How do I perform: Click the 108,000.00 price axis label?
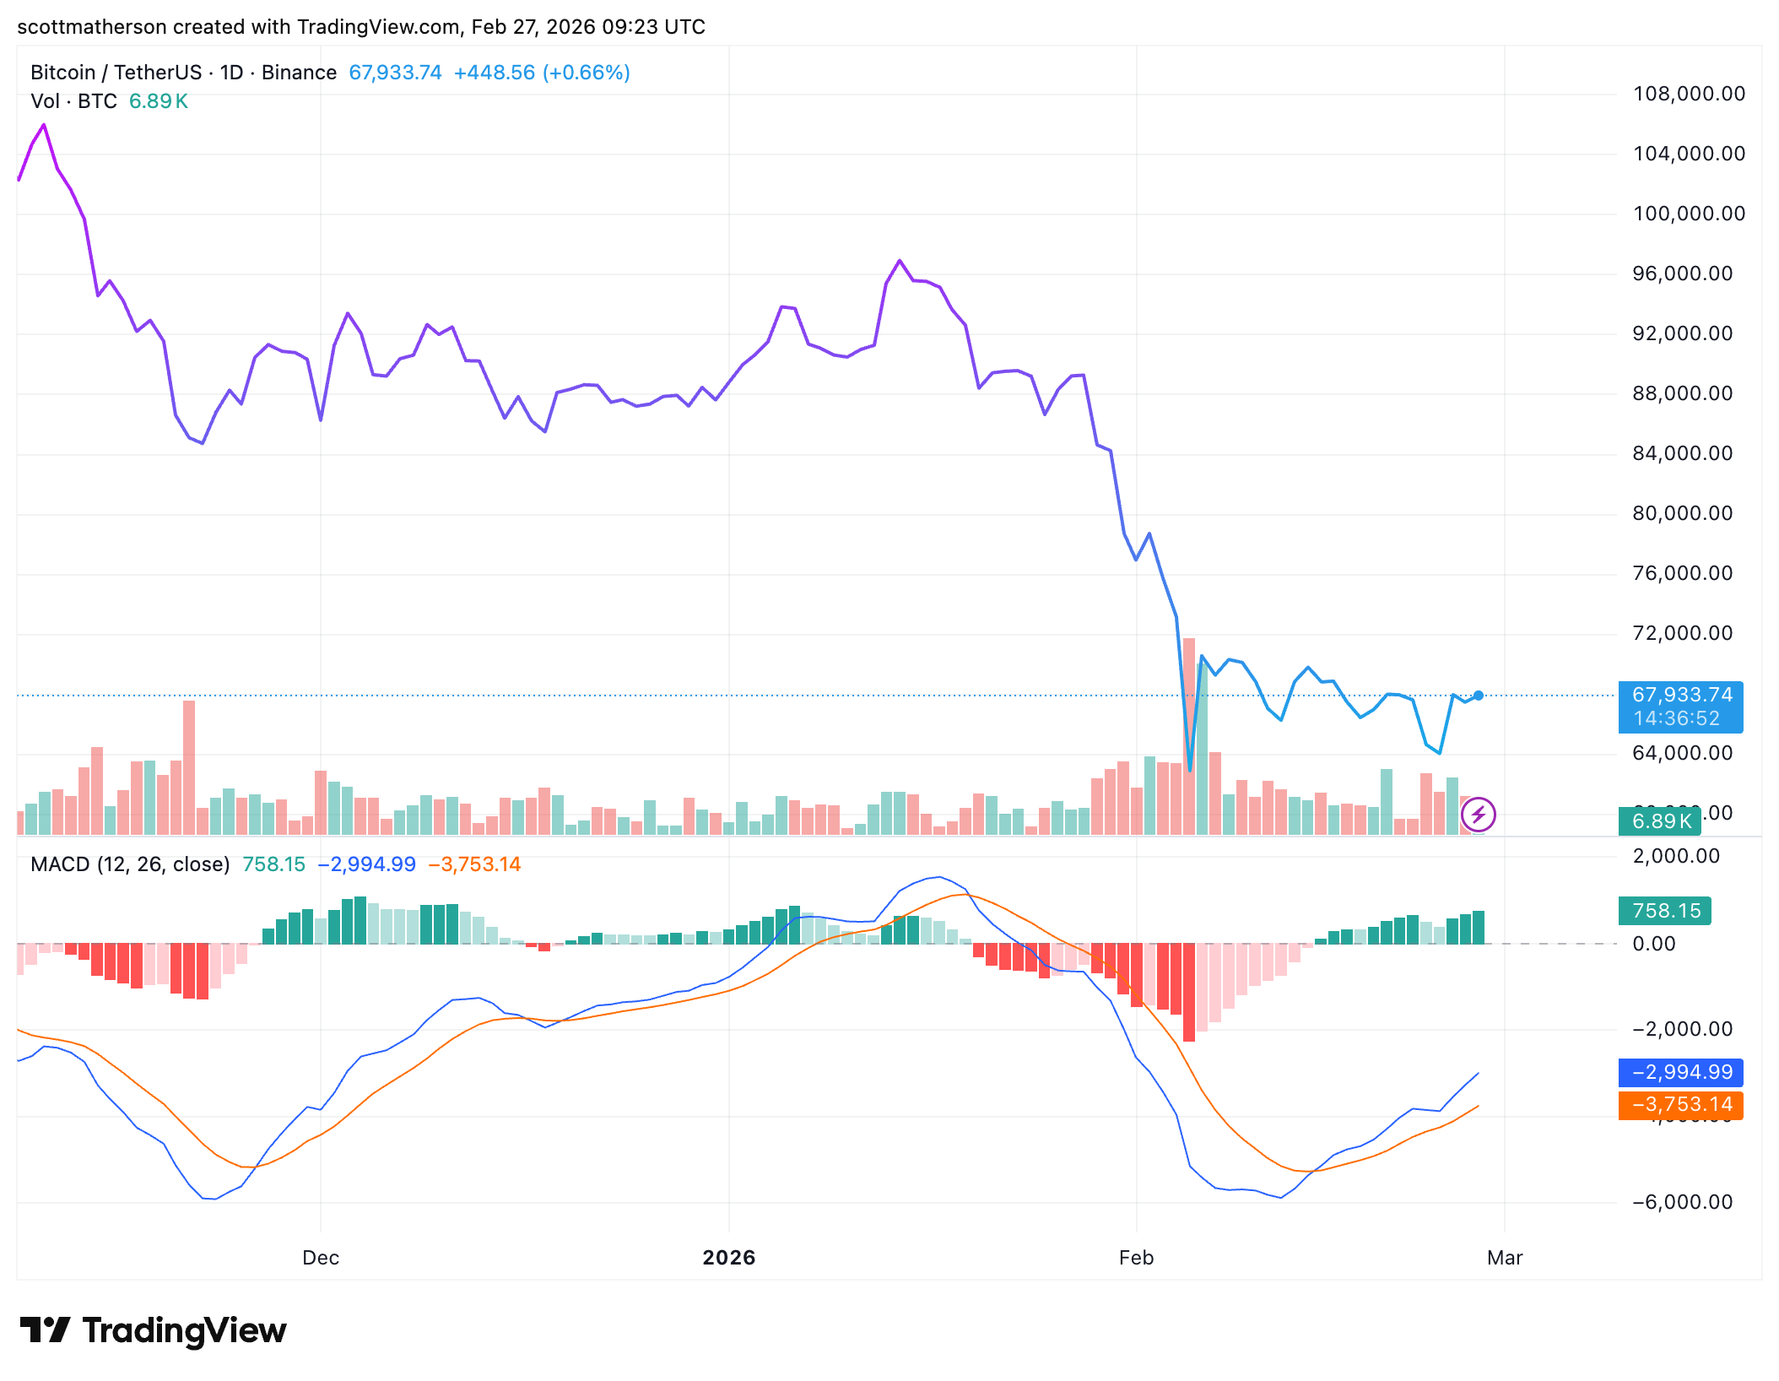[1688, 94]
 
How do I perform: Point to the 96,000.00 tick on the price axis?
[1682, 273]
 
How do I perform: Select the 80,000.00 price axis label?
[1682, 513]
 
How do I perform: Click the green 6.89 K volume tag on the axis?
[1660, 821]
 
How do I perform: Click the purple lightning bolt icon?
[1478, 815]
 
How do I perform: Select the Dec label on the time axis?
[321, 1258]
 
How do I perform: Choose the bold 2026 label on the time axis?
[729, 1258]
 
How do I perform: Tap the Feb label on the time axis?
[1136, 1258]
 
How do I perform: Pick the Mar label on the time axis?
[1505, 1258]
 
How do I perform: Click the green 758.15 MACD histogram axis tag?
[1665, 911]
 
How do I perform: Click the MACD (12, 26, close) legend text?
[130, 864]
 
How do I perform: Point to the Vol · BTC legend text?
[73, 101]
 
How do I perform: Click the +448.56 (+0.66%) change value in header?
[542, 73]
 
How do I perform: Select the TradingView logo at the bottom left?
[154, 1330]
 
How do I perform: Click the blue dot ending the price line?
[1479, 696]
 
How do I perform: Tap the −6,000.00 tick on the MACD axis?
[1682, 1202]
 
